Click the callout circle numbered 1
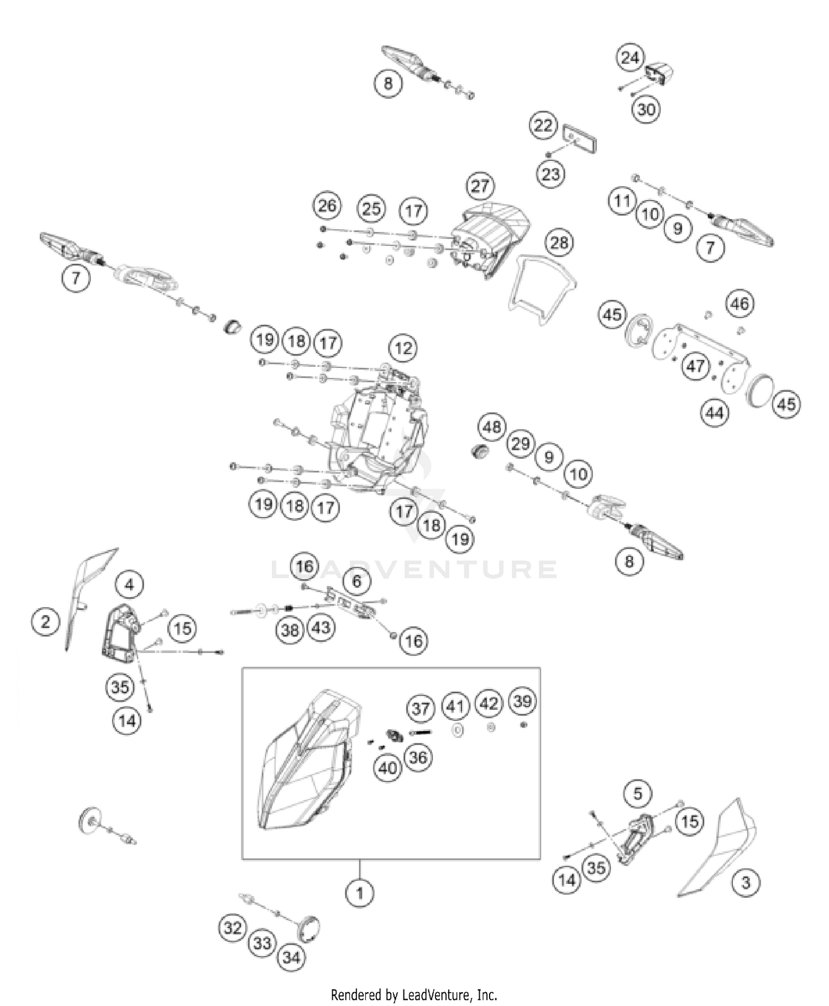coord(360,892)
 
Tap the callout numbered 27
coord(480,186)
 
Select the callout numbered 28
coord(559,243)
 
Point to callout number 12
coord(403,348)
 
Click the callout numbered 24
coord(630,57)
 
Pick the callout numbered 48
coord(492,426)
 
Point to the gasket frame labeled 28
coord(542,287)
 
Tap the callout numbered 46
coord(739,303)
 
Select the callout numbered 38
coord(290,630)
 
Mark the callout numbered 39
coord(522,701)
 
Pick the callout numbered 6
coord(356,581)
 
